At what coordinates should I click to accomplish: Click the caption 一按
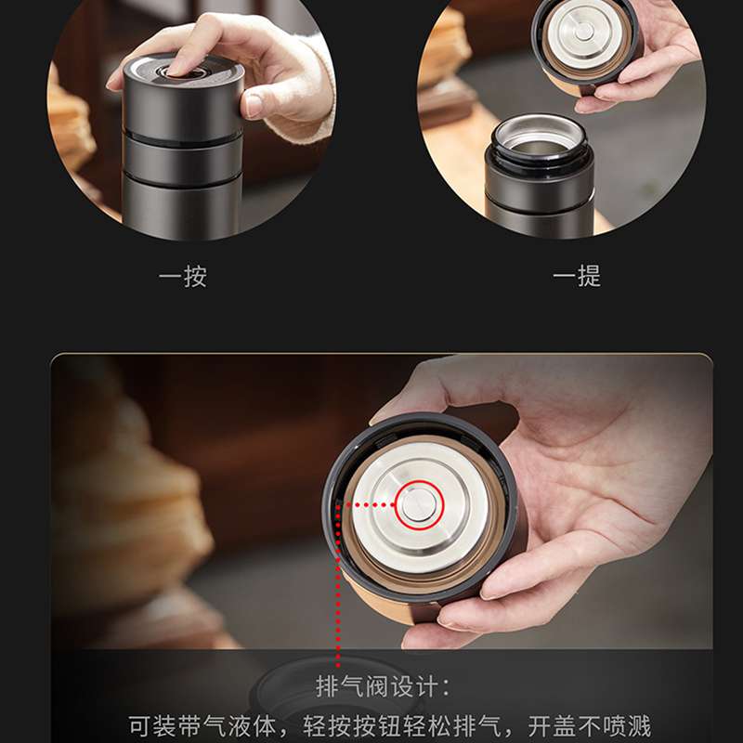click(x=182, y=277)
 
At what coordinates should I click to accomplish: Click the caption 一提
click(x=577, y=276)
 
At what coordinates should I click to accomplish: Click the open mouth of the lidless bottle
click(x=540, y=137)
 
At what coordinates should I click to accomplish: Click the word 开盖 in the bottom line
click(x=551, y=726)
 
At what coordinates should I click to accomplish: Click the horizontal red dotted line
click(x=366, y=505)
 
